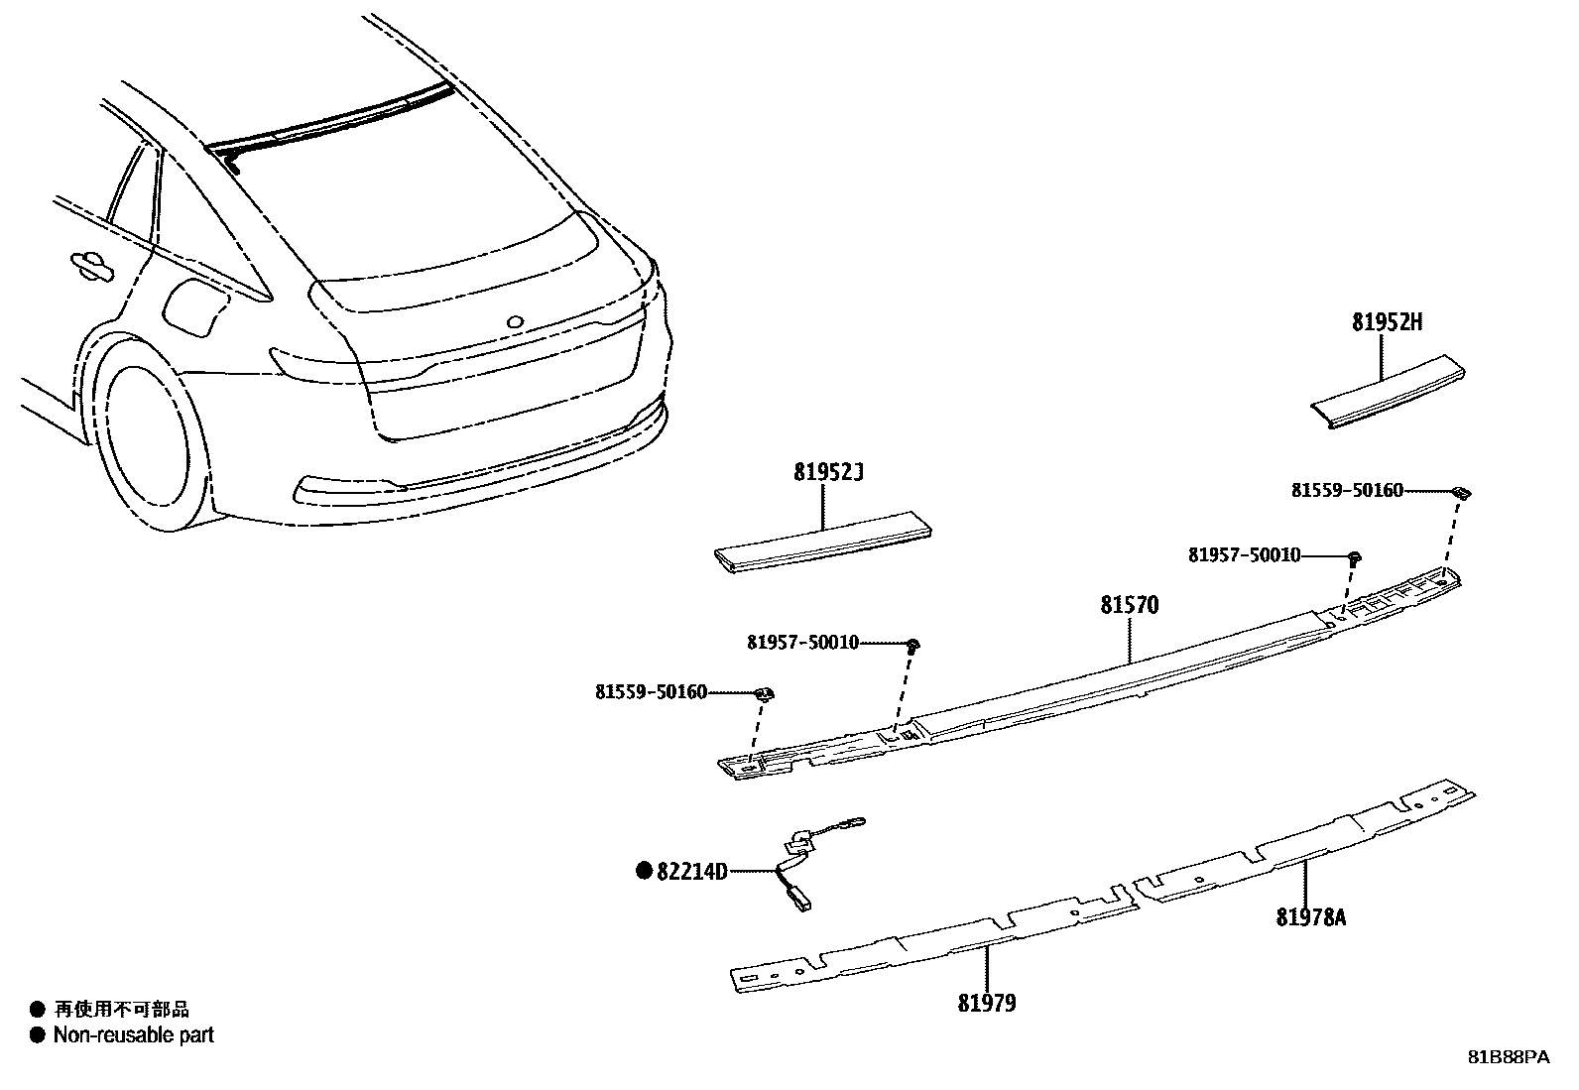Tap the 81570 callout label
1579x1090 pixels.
point(1129,605)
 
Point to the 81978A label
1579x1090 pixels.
point(1311,917)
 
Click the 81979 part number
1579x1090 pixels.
point(987,1004)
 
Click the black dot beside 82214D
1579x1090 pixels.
point(644,872)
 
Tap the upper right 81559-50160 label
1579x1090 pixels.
point(1347,490)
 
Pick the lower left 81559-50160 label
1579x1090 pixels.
point(652,692)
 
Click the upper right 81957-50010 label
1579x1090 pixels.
point(1244,555)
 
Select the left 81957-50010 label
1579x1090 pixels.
point(802,643)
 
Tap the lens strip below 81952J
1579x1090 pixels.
point(823,541)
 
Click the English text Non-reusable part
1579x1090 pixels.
point(133,1035)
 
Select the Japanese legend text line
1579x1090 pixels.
point(120,1010)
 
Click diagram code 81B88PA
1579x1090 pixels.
point(1508,1057)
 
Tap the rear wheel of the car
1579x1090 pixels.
point(146,446)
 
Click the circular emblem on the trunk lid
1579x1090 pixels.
point(515,322)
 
